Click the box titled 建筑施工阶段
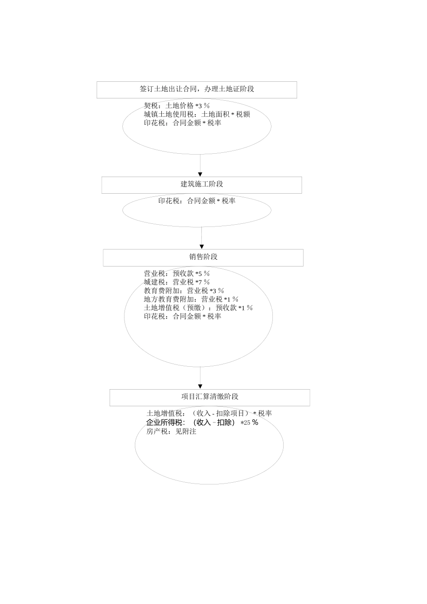tap(201, 184)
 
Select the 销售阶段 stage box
tap(203, 257)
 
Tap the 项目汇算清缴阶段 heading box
tap(209, 397)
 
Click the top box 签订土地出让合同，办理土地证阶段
tap(197, 89)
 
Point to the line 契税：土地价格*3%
tap(177, 106)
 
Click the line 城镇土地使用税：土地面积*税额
tap(197, 114)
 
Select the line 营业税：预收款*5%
tap(177, 273)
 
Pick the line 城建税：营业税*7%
tap(177, 282)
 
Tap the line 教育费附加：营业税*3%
tap(183, 290)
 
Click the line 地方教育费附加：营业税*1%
tap(191, 299)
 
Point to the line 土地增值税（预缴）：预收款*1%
tap(198, 307)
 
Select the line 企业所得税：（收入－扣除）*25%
tap(202, 422)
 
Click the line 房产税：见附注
tap(171, 431)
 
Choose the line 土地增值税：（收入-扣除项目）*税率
tap(209, 413)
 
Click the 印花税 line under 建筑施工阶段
tap(197, 201)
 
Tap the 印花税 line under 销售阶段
tap(182, 316)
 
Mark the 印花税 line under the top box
tap(182, 123)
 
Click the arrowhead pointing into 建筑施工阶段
tap(200, 174)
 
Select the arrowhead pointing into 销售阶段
tap(202, 246)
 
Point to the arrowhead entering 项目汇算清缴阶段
tap(200, 386)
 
